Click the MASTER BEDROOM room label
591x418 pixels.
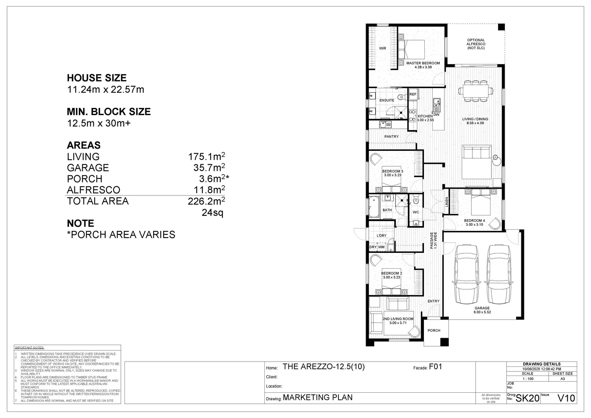tap(423, 63)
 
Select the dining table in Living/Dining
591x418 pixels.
tap(476, 90)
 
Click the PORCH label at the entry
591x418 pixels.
tap(434, 331)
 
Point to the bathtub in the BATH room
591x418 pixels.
tap(374, 207)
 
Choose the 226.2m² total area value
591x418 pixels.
tap(206, 201)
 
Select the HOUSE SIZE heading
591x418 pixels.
tap(97, 78)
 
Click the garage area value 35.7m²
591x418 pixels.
tap(209, 168)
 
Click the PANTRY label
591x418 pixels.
tap(391, 137)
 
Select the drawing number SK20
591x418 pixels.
tap(527, 398)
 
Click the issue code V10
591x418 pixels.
tap(566, 398)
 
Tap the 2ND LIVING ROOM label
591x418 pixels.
tap(398, 319)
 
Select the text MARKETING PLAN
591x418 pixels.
tap(318, 398)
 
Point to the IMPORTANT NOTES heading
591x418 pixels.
tap(30, 348)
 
